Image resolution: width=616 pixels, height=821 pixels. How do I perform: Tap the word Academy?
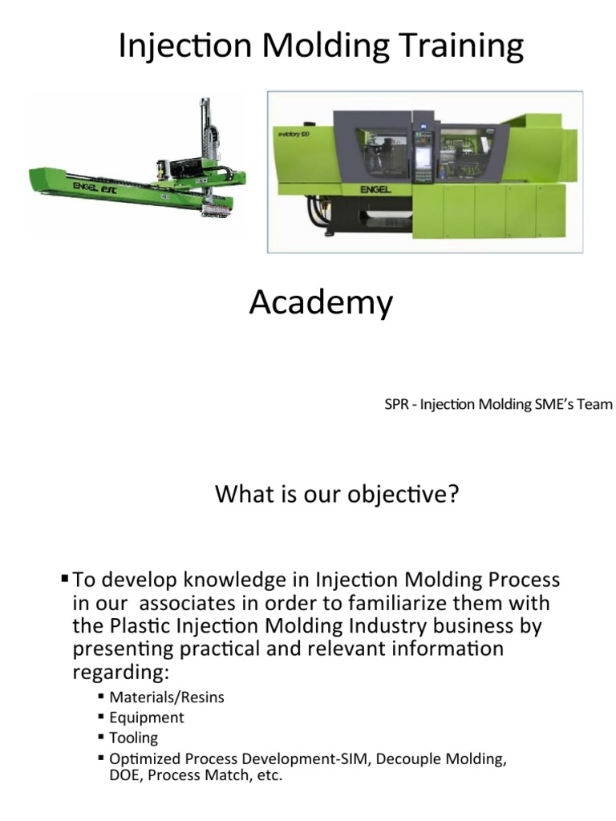[x=321, y=303]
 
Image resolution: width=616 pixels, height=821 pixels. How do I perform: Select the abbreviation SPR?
[x=397, y=404]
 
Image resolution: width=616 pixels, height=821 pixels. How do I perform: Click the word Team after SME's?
[x=594, y=404]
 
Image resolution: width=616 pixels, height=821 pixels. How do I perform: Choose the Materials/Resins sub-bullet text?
[x=167, y=697]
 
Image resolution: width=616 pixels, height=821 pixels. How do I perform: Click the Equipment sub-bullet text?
[x=147, y=718]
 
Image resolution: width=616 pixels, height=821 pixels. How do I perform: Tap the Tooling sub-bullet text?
[x=134, y=738]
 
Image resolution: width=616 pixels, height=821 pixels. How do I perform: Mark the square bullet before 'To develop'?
[x=64, y=578]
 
